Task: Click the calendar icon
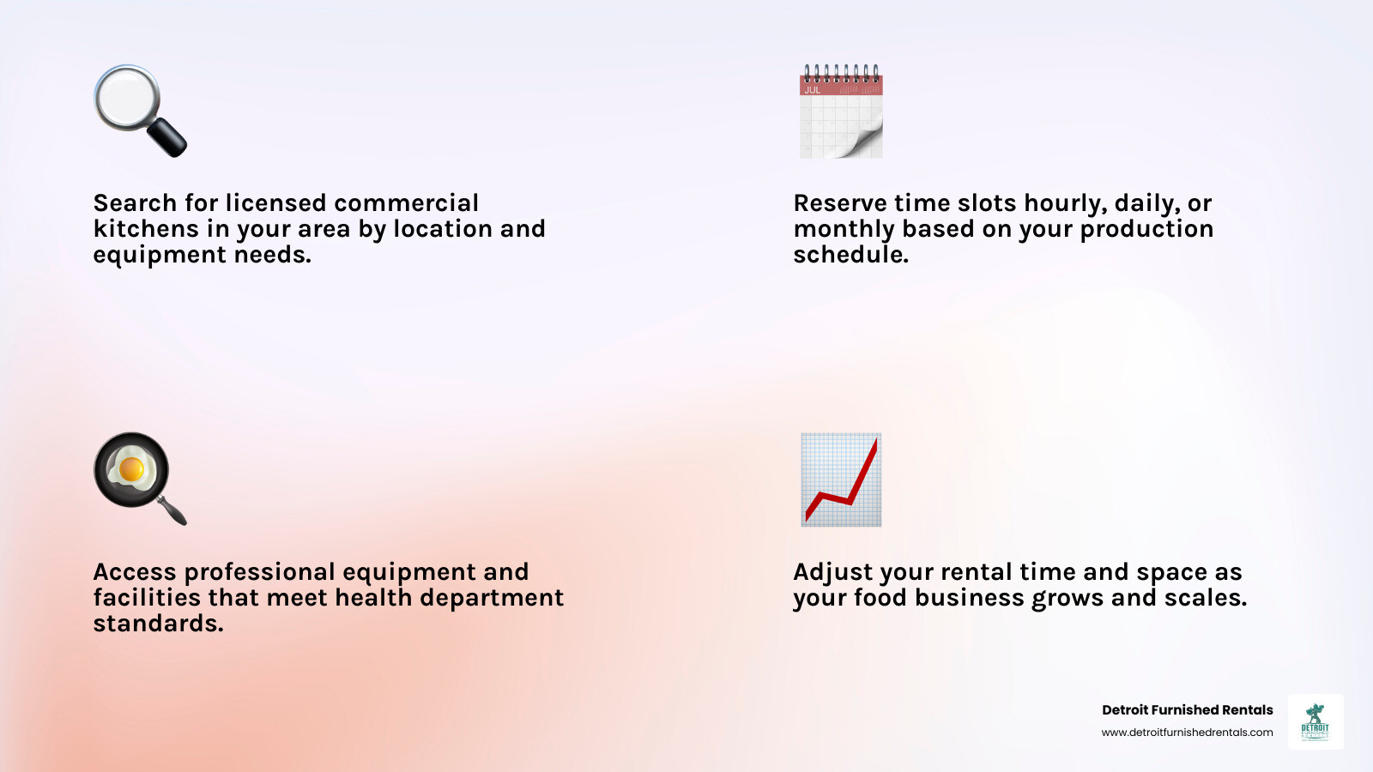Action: tap(841, 112)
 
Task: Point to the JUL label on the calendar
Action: tap(812, 90)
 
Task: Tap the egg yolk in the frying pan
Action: tap(131, 469)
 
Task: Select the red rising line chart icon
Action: tap(841, 479)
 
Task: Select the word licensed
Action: tap(275, 203)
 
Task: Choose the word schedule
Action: tap(850, 255)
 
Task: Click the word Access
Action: tap(136, 572)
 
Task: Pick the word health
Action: tap(373, 598)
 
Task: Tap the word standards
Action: tap(158, 624)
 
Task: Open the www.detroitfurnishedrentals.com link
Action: tap(1187, 733)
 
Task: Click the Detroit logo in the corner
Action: tap(1315, 721)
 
